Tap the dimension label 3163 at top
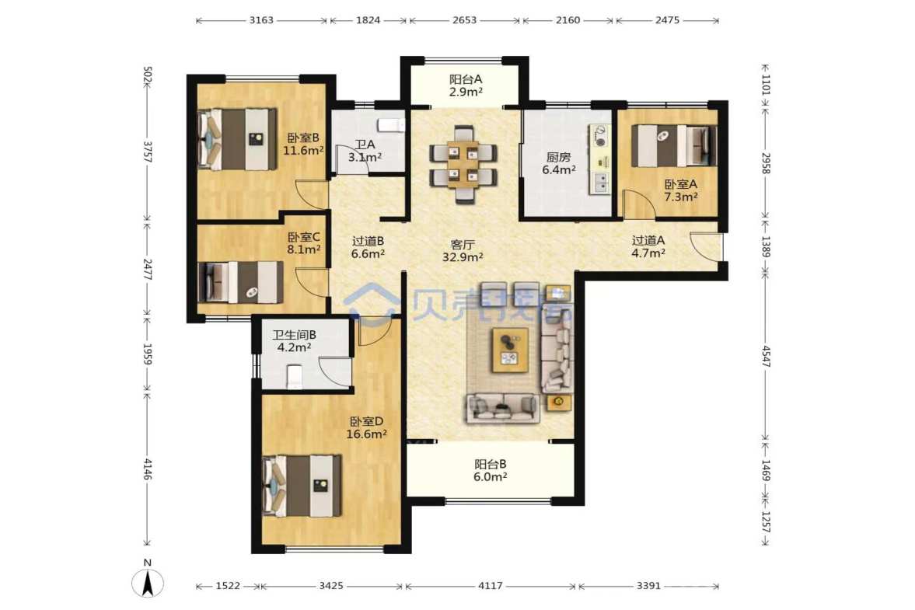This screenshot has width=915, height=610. (x=261, y=20)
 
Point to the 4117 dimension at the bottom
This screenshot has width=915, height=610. (x=491, y=585)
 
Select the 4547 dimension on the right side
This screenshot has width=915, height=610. (x=767, y=357)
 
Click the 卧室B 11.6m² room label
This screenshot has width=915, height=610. (x=303, y=144)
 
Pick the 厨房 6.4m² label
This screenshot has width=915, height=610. (x=558, y=163)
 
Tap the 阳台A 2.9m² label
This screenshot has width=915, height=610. (x=466, y=85)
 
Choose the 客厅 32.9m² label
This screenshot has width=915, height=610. (x=463, y=251)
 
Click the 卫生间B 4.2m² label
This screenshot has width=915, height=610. (x=294, y=341)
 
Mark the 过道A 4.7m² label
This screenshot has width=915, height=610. (x=648, y=246)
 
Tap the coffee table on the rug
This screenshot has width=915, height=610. (x=510, y=350)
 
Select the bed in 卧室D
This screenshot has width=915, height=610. (x=302, y=486)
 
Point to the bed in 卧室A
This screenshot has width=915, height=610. (x=675, y=146)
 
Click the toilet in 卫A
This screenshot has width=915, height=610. (x=390, y=125)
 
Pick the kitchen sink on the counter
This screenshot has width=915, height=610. (x=600, y=183)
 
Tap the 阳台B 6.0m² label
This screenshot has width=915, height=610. (x=491, y=470)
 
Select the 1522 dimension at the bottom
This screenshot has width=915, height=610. (x=228, y=585)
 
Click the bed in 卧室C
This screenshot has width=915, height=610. (x=240, y=282)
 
